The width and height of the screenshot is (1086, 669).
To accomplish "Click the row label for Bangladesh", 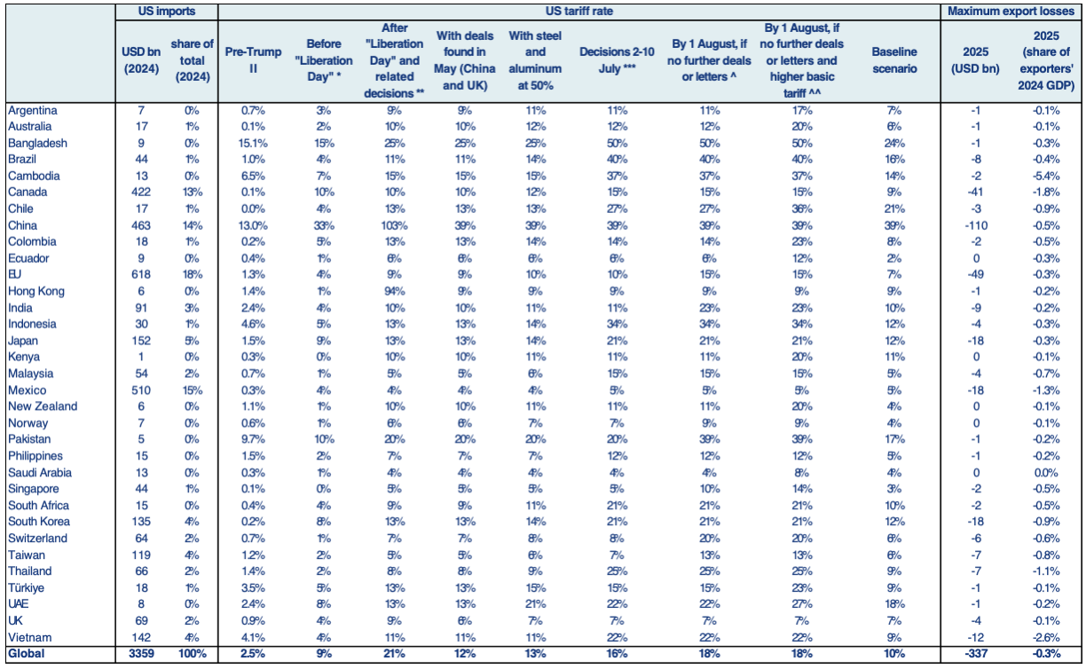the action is (x=37, y=143).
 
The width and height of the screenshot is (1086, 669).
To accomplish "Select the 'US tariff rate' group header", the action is (x=578, y=12).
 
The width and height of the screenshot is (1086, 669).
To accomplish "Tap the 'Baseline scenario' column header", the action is (x=894, y=60).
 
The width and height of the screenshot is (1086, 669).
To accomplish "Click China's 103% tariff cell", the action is (x=394, y=225).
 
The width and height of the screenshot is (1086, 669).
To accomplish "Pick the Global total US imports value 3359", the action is (x=141, y=654).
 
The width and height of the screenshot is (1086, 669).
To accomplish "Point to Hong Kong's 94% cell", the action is (x=394, y=291).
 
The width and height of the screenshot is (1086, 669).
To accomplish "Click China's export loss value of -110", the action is (x=975, y=225).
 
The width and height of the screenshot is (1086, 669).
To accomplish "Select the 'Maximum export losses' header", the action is (x=1011, y=12).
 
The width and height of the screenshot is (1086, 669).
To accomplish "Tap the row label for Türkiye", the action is (x=27, y=587).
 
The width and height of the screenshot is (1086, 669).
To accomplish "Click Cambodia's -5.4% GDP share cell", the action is (x=1046, y=176).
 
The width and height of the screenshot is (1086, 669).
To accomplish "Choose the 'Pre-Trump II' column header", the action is (x=253, y=60).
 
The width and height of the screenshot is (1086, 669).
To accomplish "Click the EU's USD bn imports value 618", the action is (x=141, y=274).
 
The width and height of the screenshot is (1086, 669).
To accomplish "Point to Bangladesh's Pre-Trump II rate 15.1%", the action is (x=253, y=143).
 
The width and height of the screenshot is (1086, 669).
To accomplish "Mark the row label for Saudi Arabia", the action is (x=40, y=472).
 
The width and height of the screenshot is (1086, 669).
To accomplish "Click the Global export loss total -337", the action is (x=975, y=654).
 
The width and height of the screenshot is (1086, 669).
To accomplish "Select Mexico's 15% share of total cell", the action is (x=192, y=390).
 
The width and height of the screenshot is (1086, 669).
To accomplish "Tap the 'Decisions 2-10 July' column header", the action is (x=617, y=60).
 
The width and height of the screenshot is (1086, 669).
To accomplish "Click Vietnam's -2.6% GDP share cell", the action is (x=1046, y=637).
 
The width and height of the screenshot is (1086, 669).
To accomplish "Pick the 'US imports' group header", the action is (x=167, y=12).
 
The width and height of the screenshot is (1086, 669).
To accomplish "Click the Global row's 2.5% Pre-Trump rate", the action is (x=253, y=654).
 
